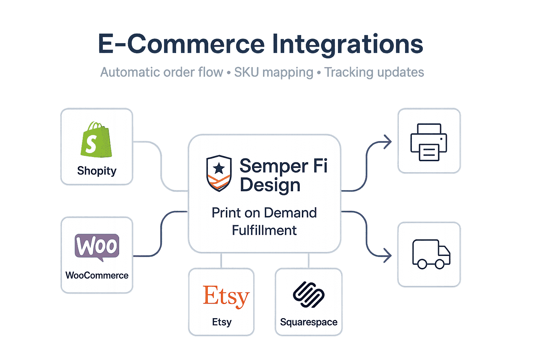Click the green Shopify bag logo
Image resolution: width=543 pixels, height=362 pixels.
[x=96, y=140]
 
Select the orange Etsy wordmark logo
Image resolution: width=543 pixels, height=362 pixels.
[x=226, y=296]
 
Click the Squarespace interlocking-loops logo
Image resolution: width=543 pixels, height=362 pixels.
[x=309, y=294]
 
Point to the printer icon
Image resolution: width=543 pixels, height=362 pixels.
[x=428, y=142]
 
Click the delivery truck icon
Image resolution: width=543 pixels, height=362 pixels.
[x=431, y=254]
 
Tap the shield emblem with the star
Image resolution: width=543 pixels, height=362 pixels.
[x=219, y=173]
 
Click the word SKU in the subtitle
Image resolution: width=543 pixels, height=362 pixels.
[x=247, y=72]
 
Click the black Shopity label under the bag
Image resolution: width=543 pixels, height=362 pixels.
[x=97, y=171]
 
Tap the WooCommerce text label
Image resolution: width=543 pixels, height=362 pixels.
[x=97, y=275]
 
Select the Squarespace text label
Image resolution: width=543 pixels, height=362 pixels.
[x=309, y=322]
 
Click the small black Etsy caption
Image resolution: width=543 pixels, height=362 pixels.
[x=222, y=322]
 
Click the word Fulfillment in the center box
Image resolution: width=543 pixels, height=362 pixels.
[x=264, y=230]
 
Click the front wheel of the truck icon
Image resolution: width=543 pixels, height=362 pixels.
[x=440, y=264]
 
